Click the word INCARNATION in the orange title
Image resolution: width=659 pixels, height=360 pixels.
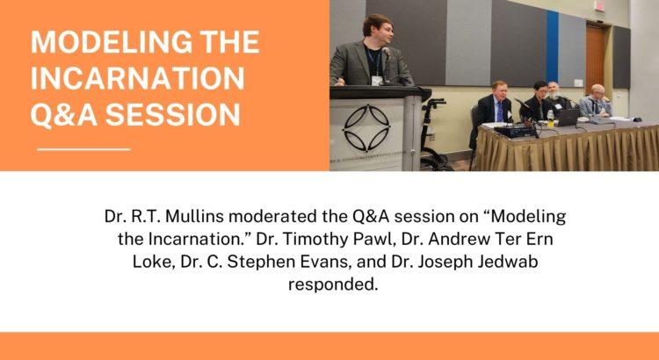click(x=137, y=78)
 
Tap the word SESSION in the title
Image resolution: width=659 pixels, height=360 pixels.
click(x=173, y=114)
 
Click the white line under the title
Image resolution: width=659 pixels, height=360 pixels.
click(x=83, y=149)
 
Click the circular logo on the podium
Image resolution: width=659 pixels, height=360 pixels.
click(x=366, y=127)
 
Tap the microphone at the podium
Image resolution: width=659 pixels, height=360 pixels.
click(x=387, y=53)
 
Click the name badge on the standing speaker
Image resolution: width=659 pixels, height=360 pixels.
click(x=377, y=80)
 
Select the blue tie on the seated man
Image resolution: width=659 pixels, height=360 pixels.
click(x=500, y=112)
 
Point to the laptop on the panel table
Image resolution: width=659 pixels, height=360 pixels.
click(x=568, y=117)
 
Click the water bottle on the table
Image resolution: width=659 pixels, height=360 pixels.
click(x=550, y=119)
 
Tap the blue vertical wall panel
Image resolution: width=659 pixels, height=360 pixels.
click(x=552, y=47)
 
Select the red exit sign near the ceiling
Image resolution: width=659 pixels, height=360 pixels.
click(x=599, y=6)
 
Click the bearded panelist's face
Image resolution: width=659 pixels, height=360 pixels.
click(x=554, y=90)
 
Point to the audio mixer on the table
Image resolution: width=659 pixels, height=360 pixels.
click(x=515, y=131)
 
